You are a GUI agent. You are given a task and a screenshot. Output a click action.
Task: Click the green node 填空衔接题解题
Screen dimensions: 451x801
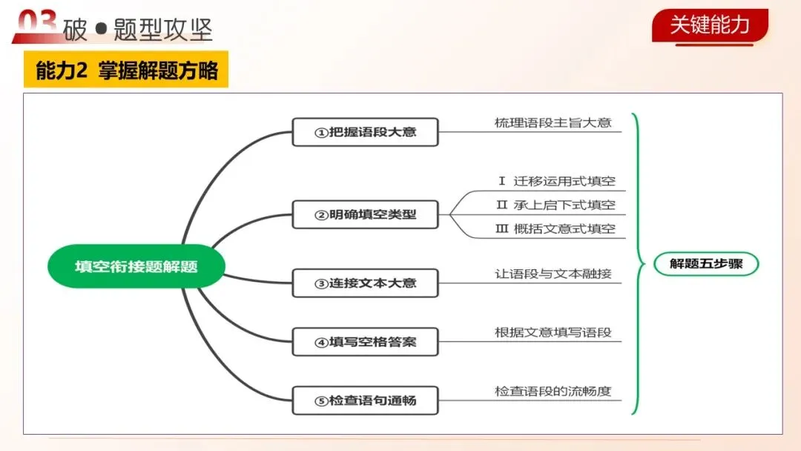coord(136,266)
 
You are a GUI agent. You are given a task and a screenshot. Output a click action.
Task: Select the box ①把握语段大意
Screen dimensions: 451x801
coord(365,132)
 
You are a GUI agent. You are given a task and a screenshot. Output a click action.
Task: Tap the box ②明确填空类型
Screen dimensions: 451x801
coord(365,214)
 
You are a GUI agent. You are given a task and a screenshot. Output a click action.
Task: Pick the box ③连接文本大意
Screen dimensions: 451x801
coord(365,283)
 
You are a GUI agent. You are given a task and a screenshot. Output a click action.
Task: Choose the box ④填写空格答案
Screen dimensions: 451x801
coord(365,342)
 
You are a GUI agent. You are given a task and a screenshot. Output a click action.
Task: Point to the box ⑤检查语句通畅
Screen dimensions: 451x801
coord(365,401)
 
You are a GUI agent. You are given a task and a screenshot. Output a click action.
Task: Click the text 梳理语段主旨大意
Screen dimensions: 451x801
coord(553,122)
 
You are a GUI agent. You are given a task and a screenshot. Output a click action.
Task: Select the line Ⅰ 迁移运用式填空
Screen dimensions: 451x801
coord(556,181)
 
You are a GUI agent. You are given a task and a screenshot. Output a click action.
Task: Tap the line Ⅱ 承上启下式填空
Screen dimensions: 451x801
coord(556,205)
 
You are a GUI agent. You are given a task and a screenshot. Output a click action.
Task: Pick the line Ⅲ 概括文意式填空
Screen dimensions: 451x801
coord(556,228)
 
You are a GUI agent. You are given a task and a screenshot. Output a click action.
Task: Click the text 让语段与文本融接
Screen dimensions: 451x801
coord(553,274)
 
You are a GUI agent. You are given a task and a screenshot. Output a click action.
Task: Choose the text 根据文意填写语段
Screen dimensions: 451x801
coord(553,332)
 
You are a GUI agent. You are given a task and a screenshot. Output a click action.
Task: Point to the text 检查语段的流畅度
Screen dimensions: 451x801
coord(553,391)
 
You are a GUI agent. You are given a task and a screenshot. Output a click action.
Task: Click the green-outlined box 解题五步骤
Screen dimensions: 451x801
coord(705,263)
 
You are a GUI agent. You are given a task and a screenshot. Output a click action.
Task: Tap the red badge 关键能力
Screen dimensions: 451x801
coord(710,25)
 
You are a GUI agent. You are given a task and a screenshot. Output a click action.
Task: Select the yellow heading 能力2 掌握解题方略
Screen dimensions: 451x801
coord(126,70)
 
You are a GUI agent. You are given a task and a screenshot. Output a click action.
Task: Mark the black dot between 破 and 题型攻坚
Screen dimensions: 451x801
coord(101,30)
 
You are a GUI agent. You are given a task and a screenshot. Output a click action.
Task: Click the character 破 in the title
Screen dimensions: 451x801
coord(76,30)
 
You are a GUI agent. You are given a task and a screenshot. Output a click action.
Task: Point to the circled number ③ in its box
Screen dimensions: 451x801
coord(321,283)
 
